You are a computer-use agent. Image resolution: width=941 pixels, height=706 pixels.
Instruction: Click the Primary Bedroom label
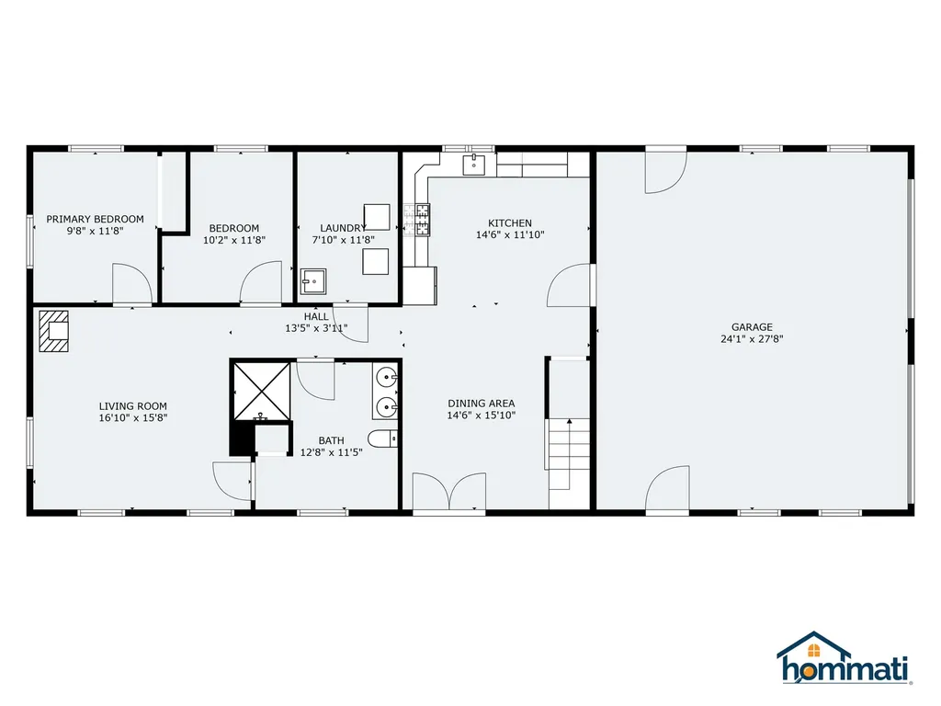click(95, 219)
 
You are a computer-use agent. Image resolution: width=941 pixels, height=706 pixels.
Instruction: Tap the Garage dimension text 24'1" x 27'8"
click(752, 338)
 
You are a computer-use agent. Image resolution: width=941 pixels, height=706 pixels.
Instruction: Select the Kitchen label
click(509, 222)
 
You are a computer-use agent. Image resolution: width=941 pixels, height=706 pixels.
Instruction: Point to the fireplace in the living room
click(53, 331)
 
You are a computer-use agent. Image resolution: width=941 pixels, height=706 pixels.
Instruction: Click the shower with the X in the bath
click(262, 392)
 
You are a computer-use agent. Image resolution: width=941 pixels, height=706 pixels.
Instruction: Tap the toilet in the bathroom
click(382, 439)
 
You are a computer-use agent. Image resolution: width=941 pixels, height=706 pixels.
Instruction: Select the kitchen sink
click(473, 165)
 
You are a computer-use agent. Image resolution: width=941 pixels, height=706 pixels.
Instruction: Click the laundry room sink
click(312, 281)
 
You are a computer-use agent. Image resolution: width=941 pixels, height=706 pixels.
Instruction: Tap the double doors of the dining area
click(448, 492)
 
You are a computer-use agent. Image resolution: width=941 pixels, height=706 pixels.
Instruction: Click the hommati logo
click(844, 658)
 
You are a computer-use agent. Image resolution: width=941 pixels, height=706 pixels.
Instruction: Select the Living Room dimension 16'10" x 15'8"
click(132, 418)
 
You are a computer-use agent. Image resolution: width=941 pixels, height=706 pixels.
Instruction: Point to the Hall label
click(316, 316)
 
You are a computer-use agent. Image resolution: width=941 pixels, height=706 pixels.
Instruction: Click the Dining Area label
click(481, 404)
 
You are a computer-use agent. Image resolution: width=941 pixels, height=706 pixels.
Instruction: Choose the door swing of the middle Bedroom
click(260, 282)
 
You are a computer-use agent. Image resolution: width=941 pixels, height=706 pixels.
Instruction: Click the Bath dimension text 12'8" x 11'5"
click(331, 452)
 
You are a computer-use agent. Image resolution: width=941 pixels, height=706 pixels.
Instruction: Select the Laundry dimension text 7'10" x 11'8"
click(343, 240)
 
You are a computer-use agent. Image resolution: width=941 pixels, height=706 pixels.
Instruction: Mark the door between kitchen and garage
click(570, 285)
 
